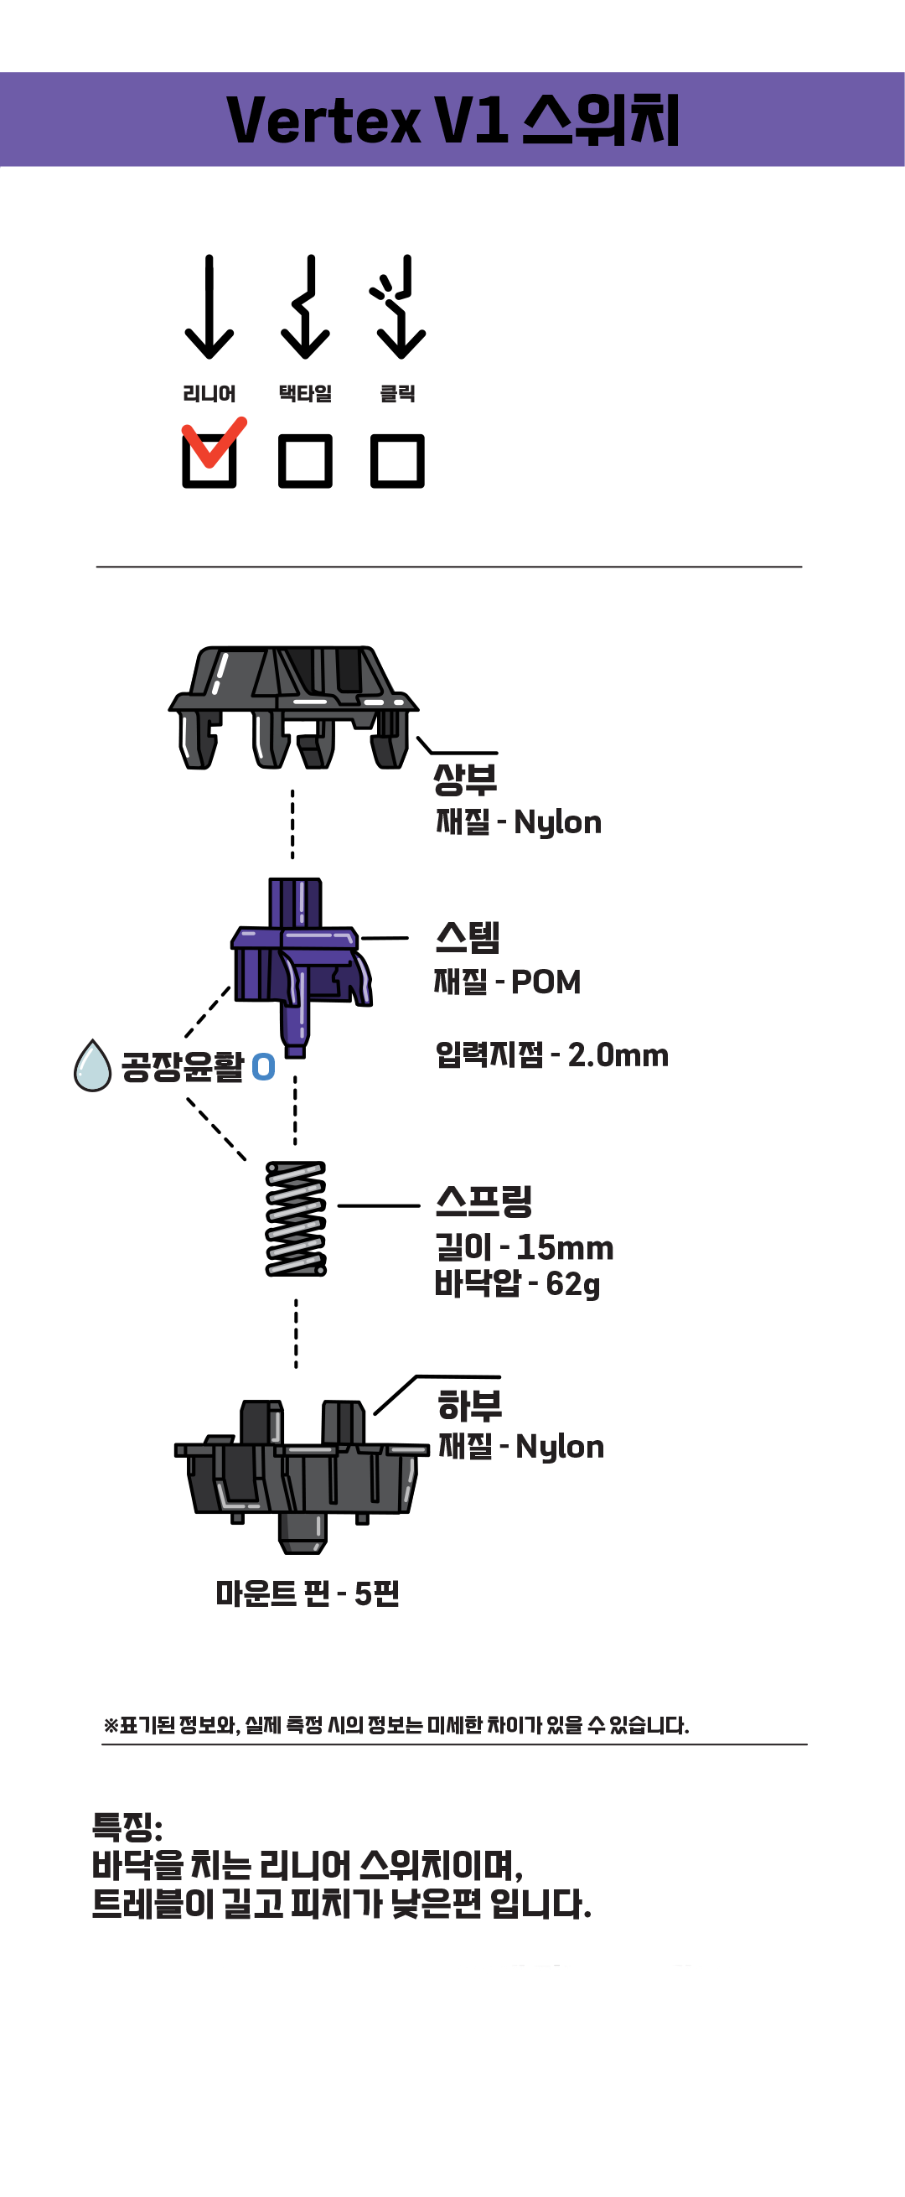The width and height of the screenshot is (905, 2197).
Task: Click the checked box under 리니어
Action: (209, 461)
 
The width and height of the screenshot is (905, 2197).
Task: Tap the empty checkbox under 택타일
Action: (305, 461)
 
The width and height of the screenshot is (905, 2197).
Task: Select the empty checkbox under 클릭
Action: (397, 461)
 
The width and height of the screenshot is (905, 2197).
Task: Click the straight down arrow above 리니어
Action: (209, 307)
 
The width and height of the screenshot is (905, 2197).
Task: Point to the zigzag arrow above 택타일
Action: (305, 307)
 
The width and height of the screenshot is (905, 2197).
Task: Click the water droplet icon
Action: (92, 1067)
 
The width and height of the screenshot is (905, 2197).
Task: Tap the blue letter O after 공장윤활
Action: (264, 1067)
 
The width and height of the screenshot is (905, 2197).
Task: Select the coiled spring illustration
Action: (296, 1218)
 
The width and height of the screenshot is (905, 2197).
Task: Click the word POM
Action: (546, 982)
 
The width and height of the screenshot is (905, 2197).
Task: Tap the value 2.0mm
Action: (618, 1056)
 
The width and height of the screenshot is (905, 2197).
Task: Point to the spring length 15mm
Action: (565, 1248)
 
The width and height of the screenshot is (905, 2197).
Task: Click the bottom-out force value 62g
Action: (572, 1283)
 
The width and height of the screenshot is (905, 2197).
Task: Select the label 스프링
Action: (484, 1201)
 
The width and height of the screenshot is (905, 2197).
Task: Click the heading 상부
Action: (465, 778)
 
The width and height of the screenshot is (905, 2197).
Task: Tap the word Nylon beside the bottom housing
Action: (560, 1447)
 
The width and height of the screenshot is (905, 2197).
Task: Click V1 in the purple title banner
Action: (471, 120)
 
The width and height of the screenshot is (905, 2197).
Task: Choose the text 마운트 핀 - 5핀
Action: (307, 1593)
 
